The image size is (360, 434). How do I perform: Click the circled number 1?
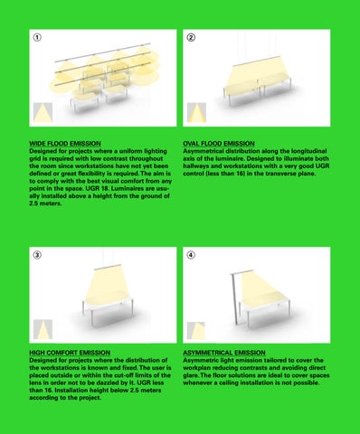(x=37, y=37)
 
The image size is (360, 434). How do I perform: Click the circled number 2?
(x=191, y=37)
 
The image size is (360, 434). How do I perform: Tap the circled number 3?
(x=37, y=255)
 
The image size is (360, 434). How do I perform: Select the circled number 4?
(x=191, y=255)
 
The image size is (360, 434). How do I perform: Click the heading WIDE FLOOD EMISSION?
(x=65, y=144)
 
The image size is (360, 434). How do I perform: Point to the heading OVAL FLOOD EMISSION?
(x=219, y=144)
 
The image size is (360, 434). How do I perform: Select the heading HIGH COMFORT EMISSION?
(x=70, y=353)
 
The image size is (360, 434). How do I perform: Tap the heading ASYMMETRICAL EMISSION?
(x=224, y=353)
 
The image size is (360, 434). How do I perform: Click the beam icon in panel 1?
(x=43, y=112)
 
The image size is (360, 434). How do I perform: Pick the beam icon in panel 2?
(x=196, y=112)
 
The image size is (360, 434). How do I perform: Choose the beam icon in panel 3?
(x=43, y=329)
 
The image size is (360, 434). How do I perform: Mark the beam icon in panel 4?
(x=196, y=330)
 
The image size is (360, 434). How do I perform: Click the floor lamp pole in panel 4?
(x=235, y=299)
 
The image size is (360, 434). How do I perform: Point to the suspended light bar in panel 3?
(x=108, y=267)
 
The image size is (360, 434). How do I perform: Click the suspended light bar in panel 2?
(x=256, y=61)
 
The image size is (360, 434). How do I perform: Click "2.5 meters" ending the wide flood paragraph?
(x=45, y=203)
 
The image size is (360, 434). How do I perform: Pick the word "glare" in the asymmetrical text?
(x=191, y=375)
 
